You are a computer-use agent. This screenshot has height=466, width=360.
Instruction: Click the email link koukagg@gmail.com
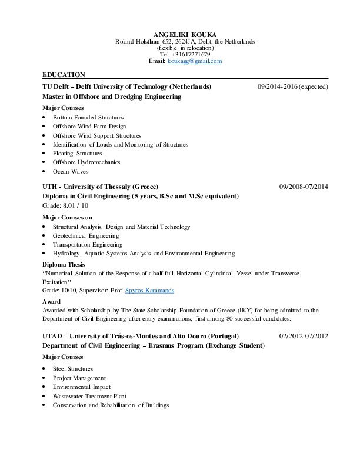click(x=194, y=61)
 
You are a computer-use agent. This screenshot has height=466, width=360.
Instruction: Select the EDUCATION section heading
click(x=64, y=75)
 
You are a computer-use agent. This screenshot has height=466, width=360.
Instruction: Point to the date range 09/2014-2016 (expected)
click(x=292, y=87)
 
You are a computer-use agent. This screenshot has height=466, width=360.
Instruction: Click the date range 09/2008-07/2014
click(x=303, y=187)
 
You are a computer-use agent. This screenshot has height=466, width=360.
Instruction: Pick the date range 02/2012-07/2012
click(x=303, y=336)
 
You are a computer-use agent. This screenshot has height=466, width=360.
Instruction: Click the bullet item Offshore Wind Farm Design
click(x=89, y=127)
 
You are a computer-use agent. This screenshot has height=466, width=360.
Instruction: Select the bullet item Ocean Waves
click(x=70, y=172)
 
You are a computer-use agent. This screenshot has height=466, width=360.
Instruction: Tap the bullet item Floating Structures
click(x=77, y=154)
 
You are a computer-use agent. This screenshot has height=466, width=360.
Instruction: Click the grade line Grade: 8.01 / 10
click(x=65, y=205)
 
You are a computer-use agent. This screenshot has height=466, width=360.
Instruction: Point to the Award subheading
click(x=51, y=301)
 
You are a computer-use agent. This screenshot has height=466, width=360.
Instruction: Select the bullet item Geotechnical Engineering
click(x=85, y=235)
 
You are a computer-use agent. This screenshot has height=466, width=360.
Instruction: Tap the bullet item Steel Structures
click(x=72, y=369)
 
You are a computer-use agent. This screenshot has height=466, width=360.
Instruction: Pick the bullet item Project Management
click(x=79, y=378)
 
